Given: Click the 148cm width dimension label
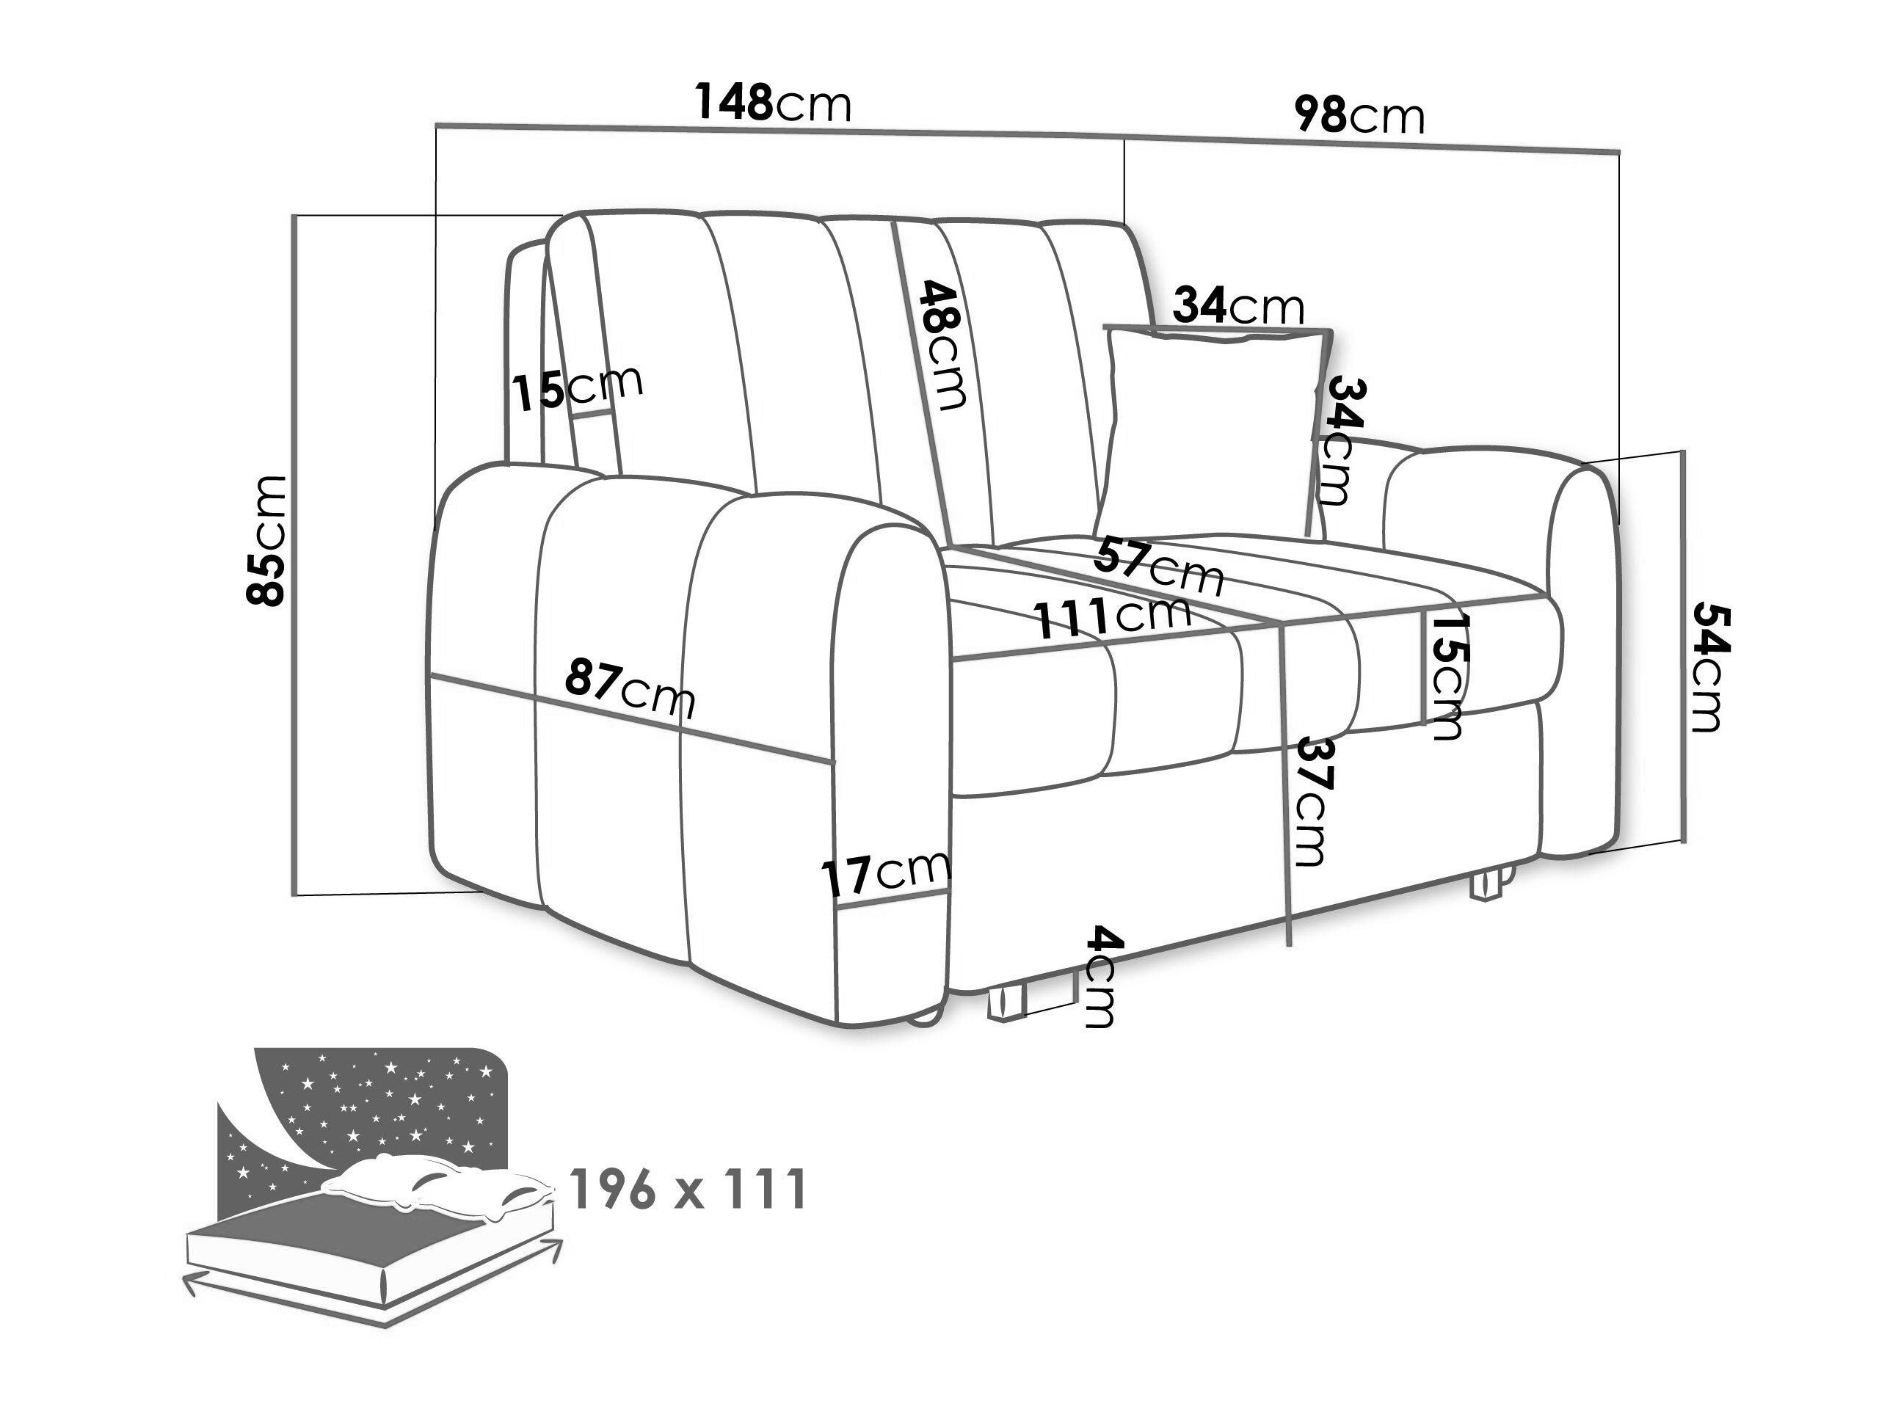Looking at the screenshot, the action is (773, 103).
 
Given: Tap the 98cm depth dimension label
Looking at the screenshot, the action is (1359, 114).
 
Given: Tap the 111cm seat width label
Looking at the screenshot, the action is (1113, 616).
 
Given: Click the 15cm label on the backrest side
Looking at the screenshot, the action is (578, 387).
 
